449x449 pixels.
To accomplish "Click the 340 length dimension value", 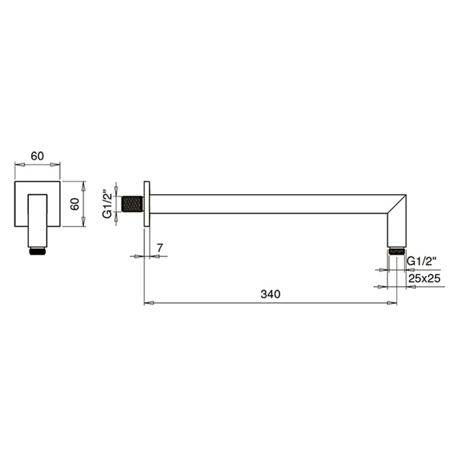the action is tap(270, 294).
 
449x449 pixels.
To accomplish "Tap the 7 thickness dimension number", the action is tap(160, 248).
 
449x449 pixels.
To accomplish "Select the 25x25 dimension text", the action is tap(424, 278).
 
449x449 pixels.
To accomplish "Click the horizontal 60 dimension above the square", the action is tap(37, 156).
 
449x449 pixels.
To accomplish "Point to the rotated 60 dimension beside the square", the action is tap(75, 204).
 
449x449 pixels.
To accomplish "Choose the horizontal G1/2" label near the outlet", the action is tap(422, 261).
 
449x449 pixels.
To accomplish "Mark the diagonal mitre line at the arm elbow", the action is tap(397, 204).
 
